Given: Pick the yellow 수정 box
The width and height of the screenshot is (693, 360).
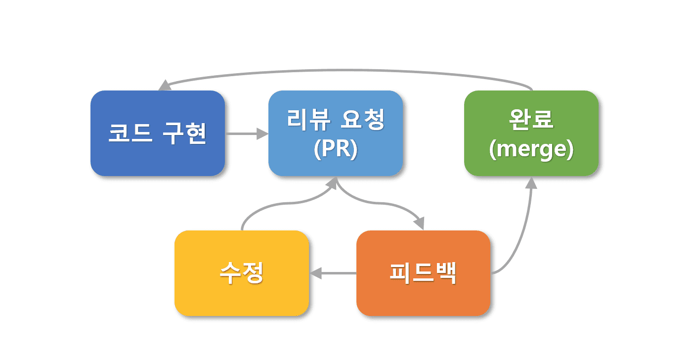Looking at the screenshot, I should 242,297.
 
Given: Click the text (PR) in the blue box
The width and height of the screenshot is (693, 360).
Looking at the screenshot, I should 335,150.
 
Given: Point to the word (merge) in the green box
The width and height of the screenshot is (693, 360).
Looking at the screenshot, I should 531,150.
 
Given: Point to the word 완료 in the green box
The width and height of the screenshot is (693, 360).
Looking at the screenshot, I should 531,120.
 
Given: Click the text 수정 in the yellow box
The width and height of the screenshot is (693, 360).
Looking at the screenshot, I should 242,273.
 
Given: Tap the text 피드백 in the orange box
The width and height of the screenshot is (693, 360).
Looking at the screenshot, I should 423,273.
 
